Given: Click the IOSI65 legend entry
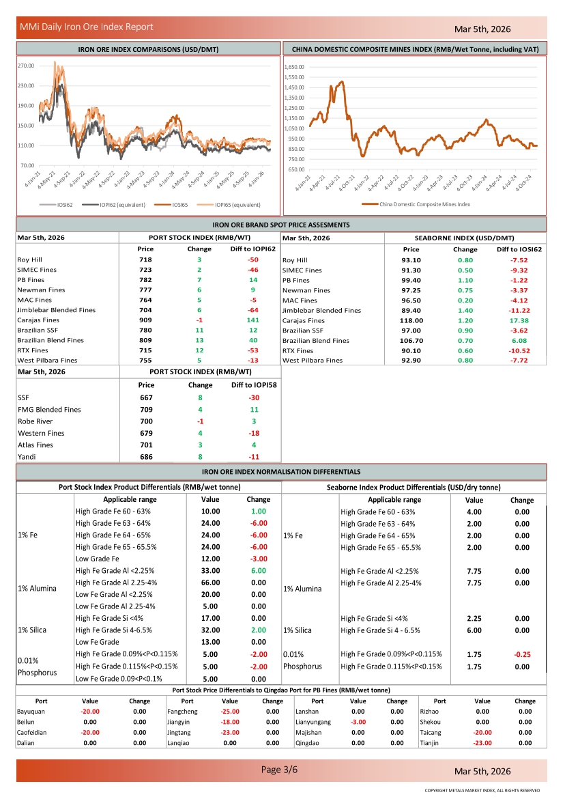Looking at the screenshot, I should click(x=180, y=204).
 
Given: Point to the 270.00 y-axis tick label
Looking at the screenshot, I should click(x=26, y=66).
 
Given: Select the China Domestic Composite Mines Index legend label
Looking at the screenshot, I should click(x=424, y=204).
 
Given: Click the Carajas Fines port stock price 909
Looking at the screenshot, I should click(x=145, y=320).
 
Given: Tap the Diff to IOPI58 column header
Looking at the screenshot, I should click(x=253, y=385).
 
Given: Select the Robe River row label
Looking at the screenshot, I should click(x=35, y=421).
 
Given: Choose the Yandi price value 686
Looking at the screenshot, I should click(x=146, y=457).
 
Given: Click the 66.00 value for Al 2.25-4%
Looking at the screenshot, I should click(x=211, y=583).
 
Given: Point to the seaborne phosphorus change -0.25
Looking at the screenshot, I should click(x=522, y=654).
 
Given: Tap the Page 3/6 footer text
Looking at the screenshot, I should click(x=280, y=770).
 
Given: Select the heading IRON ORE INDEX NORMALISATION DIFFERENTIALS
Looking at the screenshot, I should click(x=281, y=472).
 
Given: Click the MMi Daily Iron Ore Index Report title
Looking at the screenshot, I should click(x=87, y=27).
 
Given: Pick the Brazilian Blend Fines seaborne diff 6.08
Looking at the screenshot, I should click(x=519, y=340).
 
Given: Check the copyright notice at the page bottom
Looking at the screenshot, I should click(x=482, y=791).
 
